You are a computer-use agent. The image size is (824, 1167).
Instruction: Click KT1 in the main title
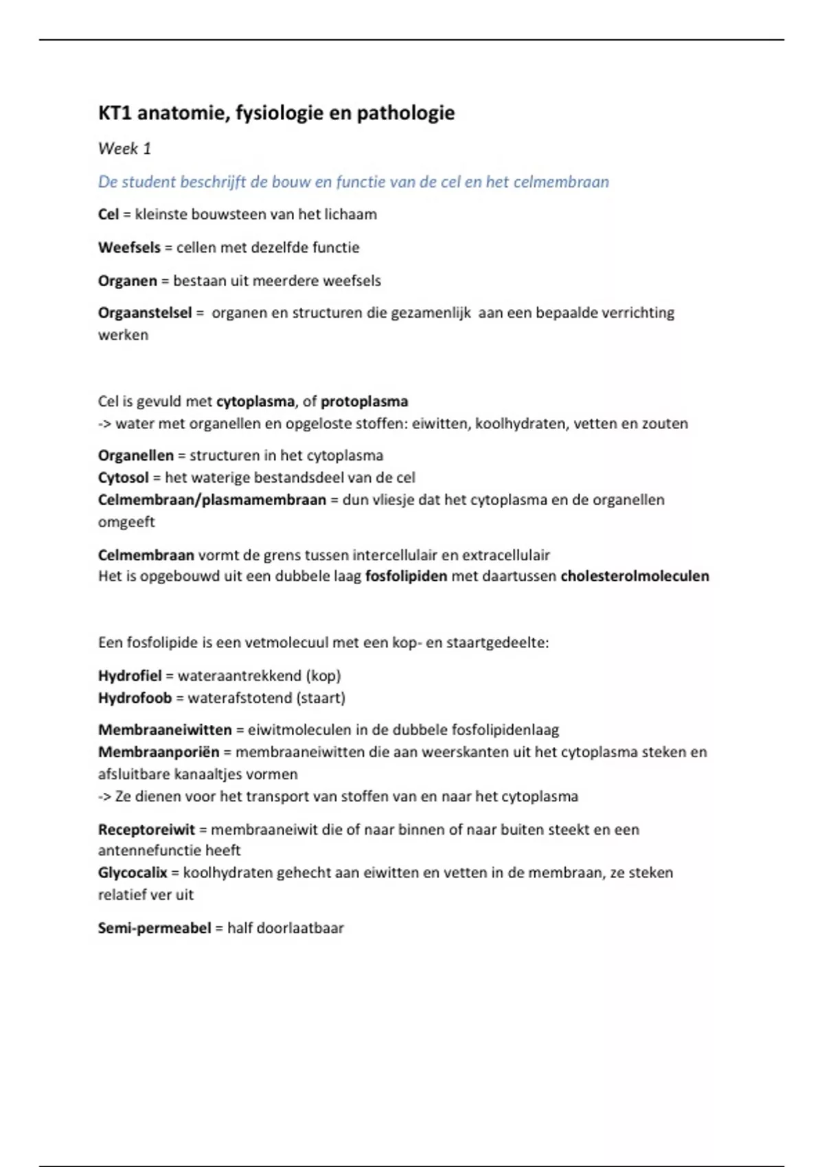click(115, 113)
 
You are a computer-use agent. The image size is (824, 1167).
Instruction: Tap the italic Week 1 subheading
click(124, 148)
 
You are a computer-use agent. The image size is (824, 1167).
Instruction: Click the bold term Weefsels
click(129, 247)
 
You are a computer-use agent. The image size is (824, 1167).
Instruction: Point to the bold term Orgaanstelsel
click(145, 313)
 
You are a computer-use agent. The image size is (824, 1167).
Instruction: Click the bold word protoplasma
click(364, 402)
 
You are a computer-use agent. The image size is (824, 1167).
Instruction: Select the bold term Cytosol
click(123, 478)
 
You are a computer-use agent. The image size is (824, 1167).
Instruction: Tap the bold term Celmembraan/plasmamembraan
click(211, 500)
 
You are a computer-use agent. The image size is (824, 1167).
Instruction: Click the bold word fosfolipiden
click(406, 576)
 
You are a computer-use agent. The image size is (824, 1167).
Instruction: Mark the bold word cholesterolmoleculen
click(634, 576)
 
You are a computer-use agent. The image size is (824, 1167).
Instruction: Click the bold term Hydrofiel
click(130, 675)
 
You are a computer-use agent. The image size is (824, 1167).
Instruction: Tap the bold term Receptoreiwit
click(146, 829)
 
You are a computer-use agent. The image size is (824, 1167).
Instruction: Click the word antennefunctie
click(150, 851)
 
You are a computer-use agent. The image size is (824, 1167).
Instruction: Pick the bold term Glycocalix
click(133, 873)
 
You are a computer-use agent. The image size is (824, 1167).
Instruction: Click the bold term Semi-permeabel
click(154, 928)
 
